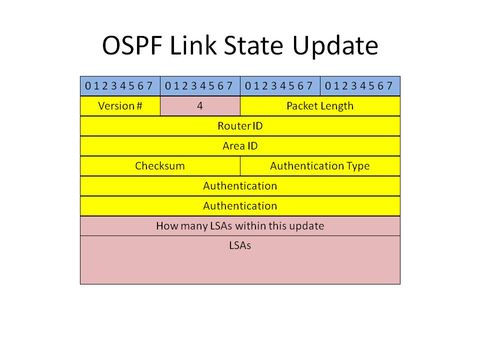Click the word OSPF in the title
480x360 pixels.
pos(132,45)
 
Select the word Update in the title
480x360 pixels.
pos(335,46)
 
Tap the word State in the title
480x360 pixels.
pos(253,45)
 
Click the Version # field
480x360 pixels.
pos(120,106)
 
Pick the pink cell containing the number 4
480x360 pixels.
pos(200,106)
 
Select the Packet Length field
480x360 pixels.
pos(320,106)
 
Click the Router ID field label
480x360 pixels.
pos(240,126)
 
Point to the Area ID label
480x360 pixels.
pos(240,146)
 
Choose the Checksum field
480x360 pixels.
pos(160,166)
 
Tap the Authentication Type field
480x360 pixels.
pos(320,166)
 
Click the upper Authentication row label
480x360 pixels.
pos(240,186)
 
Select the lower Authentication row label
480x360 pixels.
pos(240,205)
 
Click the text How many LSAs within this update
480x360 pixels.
pos(240,226)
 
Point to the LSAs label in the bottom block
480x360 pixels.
pos(240,245)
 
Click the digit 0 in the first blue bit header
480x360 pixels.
pos(88,86)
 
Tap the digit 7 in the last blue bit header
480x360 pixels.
pos(389,86)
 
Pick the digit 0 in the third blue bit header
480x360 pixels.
pos(248,86)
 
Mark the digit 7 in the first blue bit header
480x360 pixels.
pos(149,86)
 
